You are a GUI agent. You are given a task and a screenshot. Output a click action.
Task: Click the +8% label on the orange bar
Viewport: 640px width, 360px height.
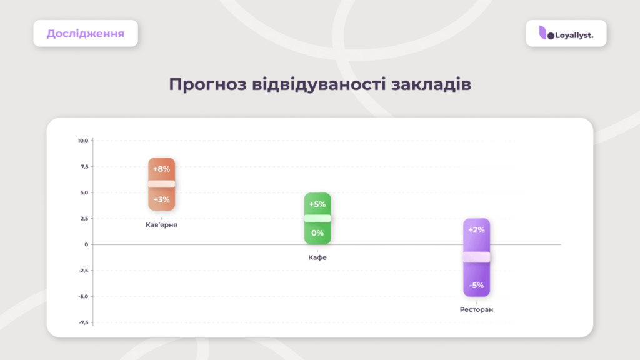click(161, 169)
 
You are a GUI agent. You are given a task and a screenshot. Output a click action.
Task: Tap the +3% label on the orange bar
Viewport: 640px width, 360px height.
click(161, 199)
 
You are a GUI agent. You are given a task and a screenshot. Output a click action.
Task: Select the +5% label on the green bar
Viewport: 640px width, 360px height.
click(317, 204)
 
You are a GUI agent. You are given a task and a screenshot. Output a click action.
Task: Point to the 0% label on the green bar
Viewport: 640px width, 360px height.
click(317, 233)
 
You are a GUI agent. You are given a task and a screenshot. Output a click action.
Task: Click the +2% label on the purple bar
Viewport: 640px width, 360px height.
click(476, 230)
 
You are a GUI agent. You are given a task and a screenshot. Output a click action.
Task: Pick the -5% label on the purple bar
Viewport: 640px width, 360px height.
click(476, 285)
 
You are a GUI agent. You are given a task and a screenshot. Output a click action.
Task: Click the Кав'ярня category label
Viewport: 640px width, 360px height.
click(161, 225)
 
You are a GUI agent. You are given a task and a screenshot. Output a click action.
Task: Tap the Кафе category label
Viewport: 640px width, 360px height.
click(317, 257)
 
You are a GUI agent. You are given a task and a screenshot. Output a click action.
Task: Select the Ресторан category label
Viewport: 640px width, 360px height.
click(476, 310)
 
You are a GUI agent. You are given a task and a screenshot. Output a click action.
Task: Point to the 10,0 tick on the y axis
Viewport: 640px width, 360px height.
click(83, 141)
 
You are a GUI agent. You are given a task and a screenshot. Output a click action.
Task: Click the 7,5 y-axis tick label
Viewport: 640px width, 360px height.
click(84, 166)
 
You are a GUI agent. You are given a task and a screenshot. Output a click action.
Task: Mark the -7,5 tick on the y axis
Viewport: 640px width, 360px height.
click(83, 322)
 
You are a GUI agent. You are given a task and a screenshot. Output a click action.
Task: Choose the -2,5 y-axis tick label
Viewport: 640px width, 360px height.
click(83, 271)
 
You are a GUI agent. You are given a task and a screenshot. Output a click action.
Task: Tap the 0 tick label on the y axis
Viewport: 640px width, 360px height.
click(86, 244)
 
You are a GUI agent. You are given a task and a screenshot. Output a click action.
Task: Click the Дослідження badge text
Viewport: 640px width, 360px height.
click(85, 34)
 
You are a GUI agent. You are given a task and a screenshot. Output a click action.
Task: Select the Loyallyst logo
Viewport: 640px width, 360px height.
click(566, 34)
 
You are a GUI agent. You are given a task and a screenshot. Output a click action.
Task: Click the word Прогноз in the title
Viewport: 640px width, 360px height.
click(207, 84)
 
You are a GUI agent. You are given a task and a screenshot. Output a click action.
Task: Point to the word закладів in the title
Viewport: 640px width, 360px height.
click(431, 84)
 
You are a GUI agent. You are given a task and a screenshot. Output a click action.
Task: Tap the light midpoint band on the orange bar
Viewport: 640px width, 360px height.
click(162, 184)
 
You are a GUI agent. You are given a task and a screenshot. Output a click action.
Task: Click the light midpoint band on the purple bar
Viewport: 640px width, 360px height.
click(476, 257)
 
